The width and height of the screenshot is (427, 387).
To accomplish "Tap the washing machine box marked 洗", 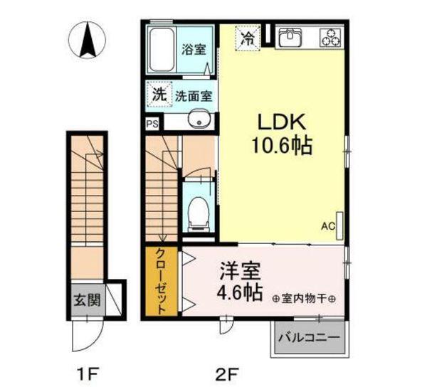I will pos(160,93).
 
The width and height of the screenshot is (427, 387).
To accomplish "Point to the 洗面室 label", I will pos(191,95).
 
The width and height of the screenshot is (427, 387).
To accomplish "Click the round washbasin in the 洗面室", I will pos(198,120).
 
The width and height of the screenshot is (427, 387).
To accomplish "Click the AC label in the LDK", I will pos(327,227).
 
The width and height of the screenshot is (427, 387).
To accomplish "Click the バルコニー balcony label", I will pos(310,336).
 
